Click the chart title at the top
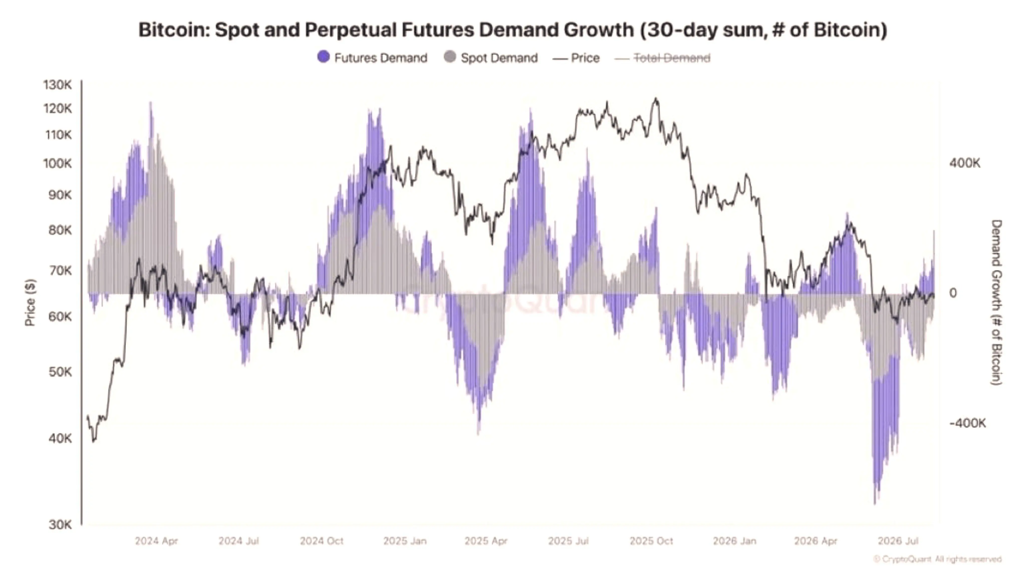coord(512,30)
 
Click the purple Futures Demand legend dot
coord(323,57)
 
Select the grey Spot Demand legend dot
coord(450,57)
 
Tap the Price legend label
coord(585,58)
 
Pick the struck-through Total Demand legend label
coord(672,58)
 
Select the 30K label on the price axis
coord(60,524)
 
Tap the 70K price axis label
coord(60,271)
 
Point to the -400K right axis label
coord(967,423)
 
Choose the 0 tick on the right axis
coord(953,293)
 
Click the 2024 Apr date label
coord(156,541)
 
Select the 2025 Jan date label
coord(405,541)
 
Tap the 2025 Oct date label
coord(651,541)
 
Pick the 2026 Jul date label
coord(898,541)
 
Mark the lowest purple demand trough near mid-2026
coord(875,503)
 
